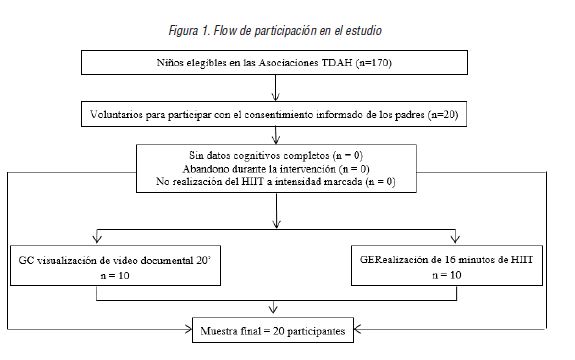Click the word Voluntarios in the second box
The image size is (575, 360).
(118, 115)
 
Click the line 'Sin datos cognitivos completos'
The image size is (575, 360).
(273, 157)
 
